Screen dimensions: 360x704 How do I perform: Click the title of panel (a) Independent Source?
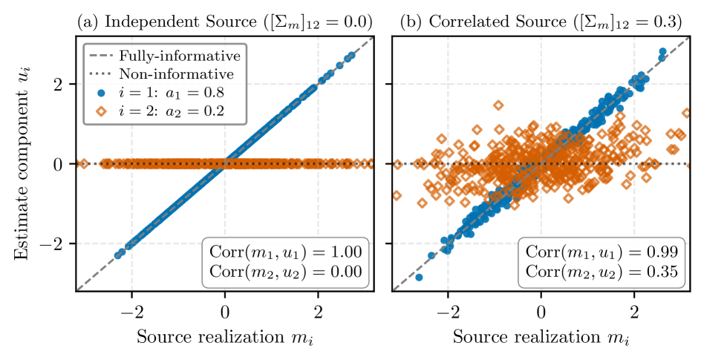click(x=224, y=22)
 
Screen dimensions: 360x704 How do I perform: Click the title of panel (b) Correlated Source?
click(x=541, y=22)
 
